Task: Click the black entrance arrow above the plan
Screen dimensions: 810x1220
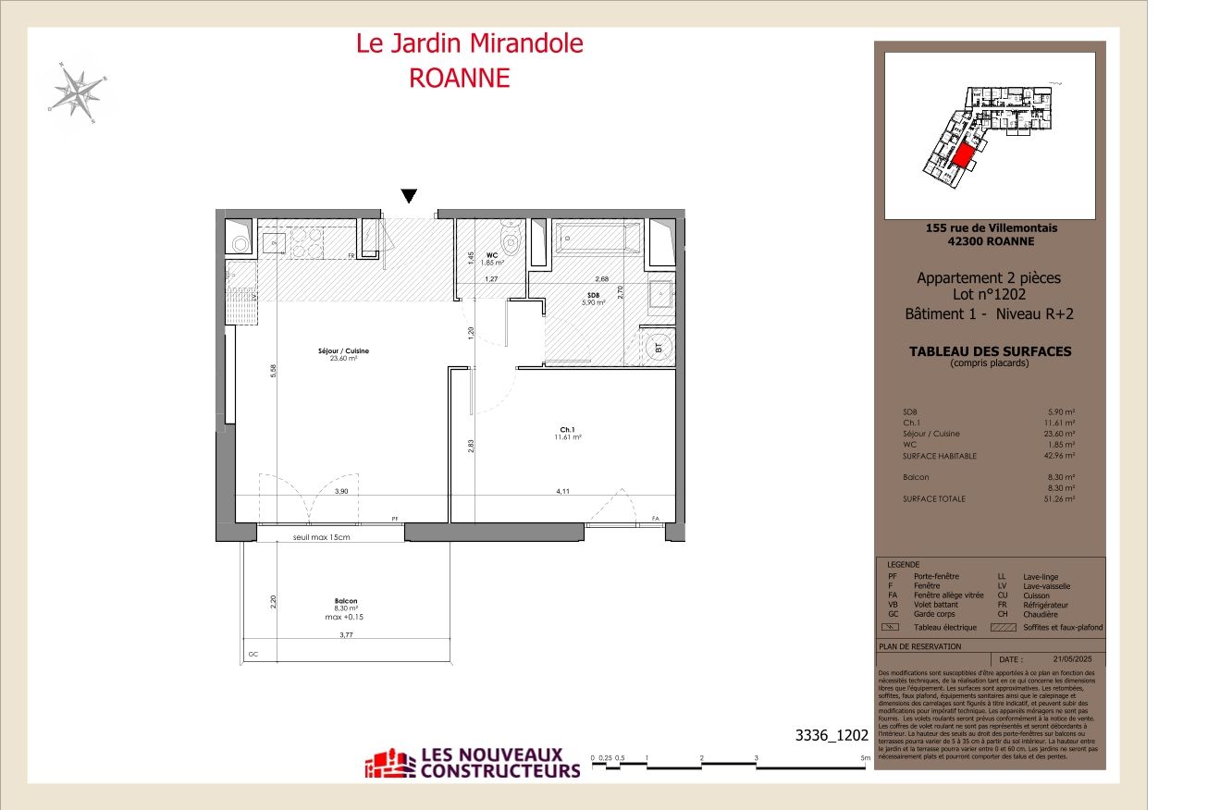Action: (409, 195)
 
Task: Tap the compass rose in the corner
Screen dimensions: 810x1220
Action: (76, 92)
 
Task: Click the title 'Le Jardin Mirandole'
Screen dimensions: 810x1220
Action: (470, 43)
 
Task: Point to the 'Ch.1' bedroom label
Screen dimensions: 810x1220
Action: (567, 430)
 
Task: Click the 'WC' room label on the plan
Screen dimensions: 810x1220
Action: (492, 255)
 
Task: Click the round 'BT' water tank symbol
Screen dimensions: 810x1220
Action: (658, 349)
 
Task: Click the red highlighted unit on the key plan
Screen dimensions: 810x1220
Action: (963, 155)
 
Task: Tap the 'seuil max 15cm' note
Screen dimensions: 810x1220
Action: (322, 537)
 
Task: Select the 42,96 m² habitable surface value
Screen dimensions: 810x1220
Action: (1061, 456)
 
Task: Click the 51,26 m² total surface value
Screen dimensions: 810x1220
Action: (1061, 499)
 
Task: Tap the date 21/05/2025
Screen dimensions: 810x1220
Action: (1073, 658)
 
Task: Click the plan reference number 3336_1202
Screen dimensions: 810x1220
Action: (832, 736)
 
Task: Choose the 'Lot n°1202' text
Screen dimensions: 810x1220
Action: (989, 295)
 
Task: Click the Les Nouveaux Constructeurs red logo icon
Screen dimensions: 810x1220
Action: (389, 764)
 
